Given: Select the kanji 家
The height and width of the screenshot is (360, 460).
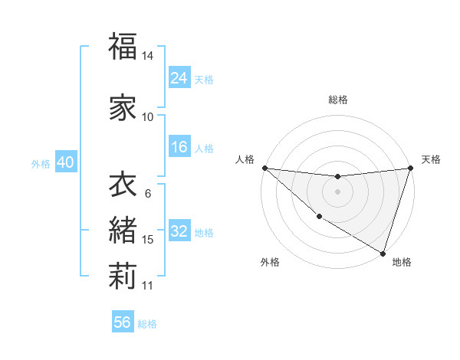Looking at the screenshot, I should coord(123,108).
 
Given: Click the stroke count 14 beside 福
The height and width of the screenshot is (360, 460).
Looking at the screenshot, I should coord(148,56).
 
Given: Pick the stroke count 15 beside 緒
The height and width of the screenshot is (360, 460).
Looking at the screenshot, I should coord(148,240).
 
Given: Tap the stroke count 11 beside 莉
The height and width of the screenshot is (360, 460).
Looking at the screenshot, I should coord(148,286).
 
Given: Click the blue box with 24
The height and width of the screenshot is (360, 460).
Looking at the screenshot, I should coord(179,78).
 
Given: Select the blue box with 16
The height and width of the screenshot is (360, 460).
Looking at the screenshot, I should coord(179,147).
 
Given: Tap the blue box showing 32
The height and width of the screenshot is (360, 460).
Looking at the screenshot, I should coord(179,231).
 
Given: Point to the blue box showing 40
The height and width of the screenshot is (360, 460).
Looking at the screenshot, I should coord(65,162).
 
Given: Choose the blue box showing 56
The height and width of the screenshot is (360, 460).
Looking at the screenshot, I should coord(123,322).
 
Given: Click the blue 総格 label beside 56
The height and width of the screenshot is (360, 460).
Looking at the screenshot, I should coord(147,324).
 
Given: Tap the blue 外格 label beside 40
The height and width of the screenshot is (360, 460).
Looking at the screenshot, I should coord(40,163).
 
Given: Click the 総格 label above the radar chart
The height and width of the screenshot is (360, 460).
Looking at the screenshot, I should coord(337,100).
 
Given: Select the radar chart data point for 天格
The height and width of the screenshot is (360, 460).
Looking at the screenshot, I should coord(410,168).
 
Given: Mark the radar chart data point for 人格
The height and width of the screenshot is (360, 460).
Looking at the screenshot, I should coord(264,168).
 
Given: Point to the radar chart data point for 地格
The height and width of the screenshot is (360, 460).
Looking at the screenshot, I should coord(383,253).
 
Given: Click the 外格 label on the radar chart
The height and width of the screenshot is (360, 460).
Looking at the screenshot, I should coord(270,262).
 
